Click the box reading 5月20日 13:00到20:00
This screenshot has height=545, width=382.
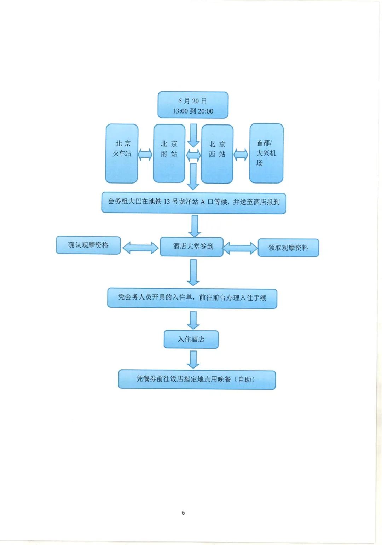193,105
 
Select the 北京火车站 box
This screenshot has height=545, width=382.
122,153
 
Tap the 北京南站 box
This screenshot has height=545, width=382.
169,153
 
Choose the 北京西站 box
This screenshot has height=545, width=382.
217,154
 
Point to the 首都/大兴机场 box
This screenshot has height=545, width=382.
266,153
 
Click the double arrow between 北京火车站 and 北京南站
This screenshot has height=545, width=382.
145,154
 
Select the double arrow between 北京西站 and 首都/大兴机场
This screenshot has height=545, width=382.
241,155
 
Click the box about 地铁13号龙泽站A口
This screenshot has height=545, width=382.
193,203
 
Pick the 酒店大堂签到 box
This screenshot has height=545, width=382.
192,247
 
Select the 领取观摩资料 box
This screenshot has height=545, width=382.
288,248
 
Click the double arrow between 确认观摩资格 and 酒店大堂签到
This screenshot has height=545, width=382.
140,248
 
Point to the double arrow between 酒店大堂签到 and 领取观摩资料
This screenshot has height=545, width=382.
240,248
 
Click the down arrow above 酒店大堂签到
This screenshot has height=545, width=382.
195,226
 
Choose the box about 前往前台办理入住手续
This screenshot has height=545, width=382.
192,298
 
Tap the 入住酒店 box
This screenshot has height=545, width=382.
191,340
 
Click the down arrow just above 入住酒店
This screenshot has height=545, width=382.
193,320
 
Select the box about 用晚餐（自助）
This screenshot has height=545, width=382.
197,379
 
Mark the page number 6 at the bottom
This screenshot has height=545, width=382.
183,512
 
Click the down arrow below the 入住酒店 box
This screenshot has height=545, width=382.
193,359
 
